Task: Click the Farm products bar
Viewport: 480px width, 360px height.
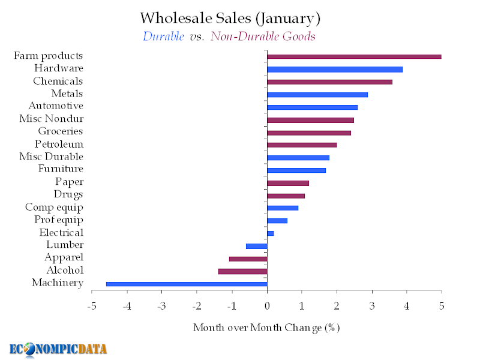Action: click(354, 56)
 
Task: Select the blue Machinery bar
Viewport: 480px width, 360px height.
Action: click(187, 284)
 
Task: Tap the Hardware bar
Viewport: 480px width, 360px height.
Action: click(335, 70)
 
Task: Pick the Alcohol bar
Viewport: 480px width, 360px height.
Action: click(242, 271)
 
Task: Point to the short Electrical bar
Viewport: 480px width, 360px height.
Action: click(271, 233)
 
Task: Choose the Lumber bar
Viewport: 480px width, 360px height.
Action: click(257, 246)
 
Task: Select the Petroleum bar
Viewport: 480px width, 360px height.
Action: click(302, 145)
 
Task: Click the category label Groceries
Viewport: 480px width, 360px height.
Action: click(61, 131)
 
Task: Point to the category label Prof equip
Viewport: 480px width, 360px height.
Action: click(59, 220)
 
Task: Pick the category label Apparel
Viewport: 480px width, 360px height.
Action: click(64, 257)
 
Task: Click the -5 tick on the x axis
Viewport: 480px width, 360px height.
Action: click(92, 307)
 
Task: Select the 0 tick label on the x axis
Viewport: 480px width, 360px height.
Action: click(267, 307)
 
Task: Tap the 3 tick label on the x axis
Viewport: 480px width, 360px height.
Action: click(372, 307)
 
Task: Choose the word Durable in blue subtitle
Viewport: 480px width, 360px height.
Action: click(163, 37)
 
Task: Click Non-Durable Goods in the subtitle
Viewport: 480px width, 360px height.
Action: click(263, 37)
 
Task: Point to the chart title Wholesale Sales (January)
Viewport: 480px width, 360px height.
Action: click(230, 19)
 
